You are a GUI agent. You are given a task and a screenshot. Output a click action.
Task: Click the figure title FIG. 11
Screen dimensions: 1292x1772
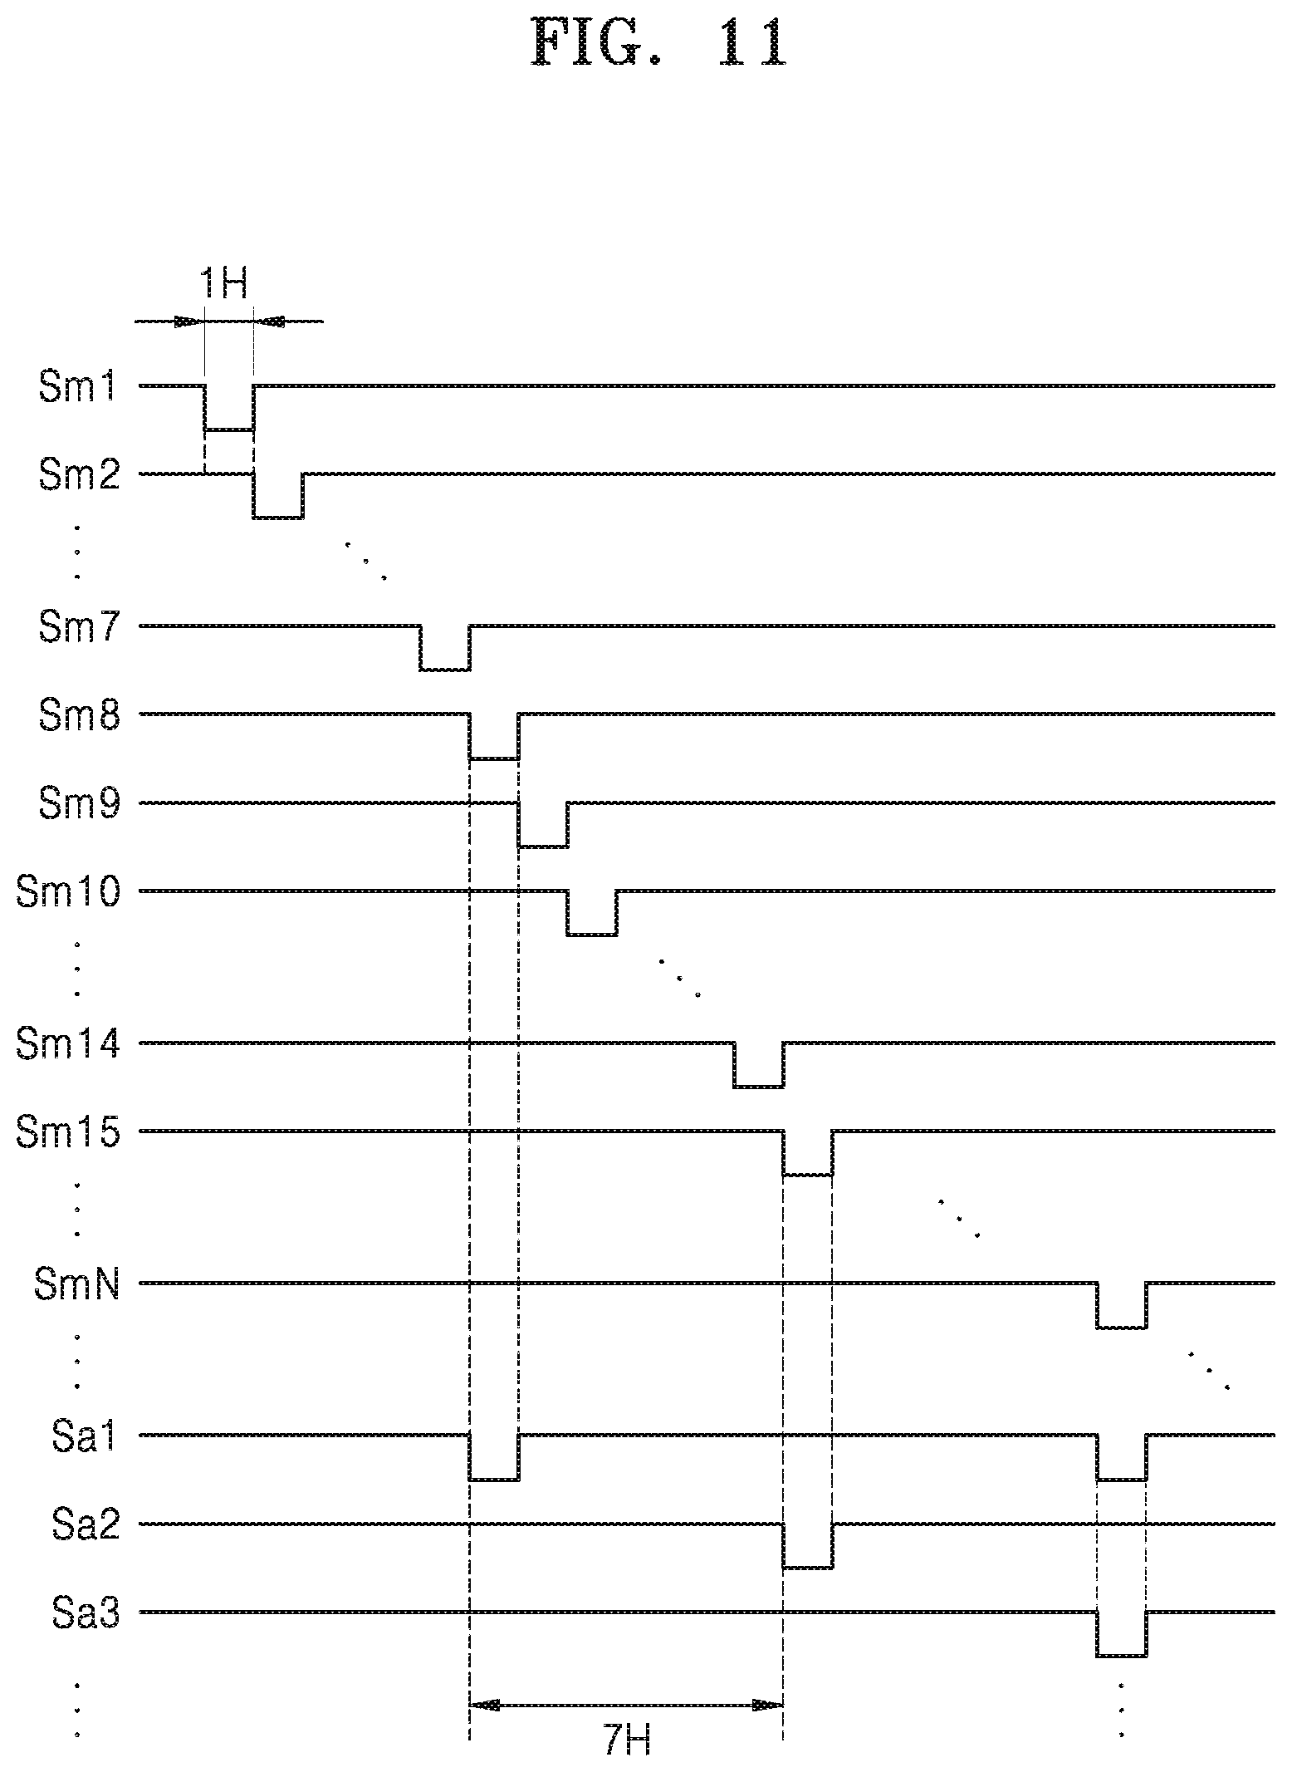[657, 44]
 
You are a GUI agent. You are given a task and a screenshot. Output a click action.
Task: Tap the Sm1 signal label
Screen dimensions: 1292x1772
[78, 388]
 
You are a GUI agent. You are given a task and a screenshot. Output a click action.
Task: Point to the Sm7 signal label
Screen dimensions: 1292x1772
[78, 628]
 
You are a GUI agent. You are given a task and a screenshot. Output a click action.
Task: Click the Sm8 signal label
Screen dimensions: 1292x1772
[78, 715]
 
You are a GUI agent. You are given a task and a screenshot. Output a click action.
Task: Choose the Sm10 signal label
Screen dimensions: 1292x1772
[68, 893]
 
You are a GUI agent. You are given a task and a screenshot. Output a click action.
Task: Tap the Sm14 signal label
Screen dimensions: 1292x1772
[68, 1044]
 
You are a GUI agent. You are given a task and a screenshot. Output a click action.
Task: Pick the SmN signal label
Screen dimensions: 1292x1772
[76, 1285]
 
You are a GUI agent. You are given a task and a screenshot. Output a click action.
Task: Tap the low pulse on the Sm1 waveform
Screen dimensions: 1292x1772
[229, 430]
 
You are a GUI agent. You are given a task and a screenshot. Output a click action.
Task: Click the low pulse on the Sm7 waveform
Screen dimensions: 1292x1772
[445, 669]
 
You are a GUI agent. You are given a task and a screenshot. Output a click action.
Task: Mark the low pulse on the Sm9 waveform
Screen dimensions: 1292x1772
[543, 846]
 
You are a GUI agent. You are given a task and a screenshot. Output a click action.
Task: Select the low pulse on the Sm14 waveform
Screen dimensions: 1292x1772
[758, 1086]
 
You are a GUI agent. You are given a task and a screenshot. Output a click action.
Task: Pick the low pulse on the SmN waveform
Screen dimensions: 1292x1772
[1122, 1328]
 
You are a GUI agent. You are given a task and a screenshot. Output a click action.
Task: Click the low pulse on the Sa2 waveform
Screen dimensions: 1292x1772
[807, 1567]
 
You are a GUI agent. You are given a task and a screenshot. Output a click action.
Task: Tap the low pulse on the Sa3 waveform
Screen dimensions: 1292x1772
[1122, 1656]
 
